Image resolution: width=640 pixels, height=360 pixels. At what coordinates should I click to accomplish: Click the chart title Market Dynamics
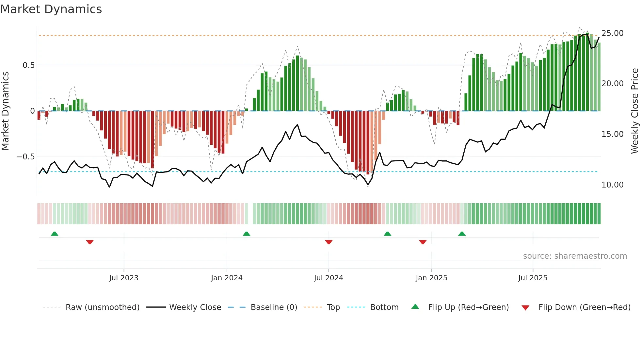pos(51,9)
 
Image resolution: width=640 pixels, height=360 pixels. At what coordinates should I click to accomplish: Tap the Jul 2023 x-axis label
pos(124,278)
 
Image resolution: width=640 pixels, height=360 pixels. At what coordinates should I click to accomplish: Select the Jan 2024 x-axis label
pos(227,278)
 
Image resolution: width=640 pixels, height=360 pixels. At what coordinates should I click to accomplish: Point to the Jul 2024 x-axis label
pos(328,278)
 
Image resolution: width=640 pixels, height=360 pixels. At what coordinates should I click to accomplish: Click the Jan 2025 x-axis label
pos(431,278)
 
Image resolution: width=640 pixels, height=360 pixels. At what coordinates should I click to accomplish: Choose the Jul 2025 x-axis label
pos(533,278)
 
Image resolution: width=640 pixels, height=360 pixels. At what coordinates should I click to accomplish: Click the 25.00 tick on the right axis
pos(612,33)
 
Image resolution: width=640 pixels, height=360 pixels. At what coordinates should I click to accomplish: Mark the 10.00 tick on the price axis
pos(612,185)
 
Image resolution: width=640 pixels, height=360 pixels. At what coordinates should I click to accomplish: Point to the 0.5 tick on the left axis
pos(28,65)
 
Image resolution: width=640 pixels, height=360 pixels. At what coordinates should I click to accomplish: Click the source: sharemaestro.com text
pos(575,256)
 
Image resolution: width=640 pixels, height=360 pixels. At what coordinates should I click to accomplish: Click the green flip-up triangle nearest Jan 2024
pos(247,234)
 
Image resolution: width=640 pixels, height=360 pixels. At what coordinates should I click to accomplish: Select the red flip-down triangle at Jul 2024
pos(329,242)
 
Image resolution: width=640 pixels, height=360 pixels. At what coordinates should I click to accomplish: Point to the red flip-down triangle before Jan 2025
pos(423,242)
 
